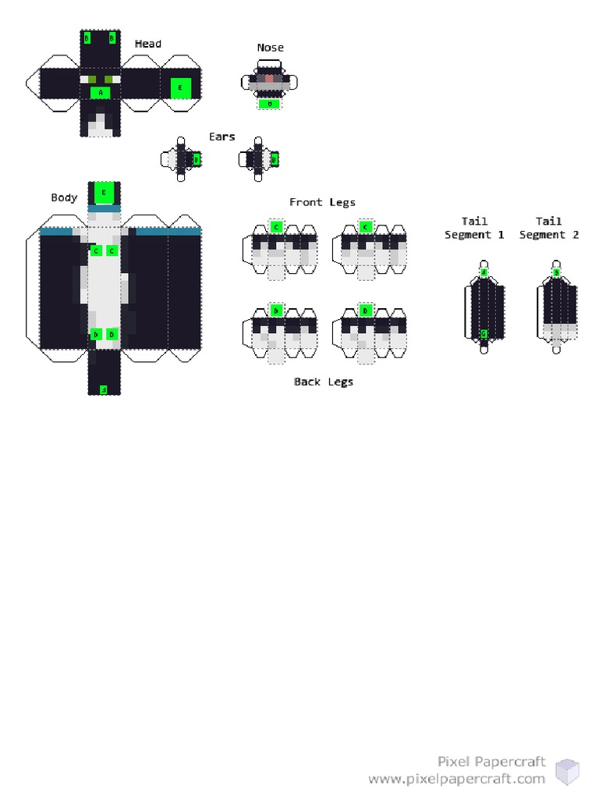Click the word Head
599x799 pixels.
coord(147,44)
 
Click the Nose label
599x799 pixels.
coord(270,48)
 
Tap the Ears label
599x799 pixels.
coord(222,137)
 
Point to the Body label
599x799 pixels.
coord(64,197)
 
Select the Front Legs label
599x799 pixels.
coord(322,202)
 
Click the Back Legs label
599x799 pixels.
coord(323,382)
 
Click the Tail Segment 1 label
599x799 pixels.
coord(474,228)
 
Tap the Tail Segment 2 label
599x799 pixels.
coord(549,228)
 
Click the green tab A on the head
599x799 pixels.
coord(100,92)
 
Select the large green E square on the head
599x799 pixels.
coord(181,88)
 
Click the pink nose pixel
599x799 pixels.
coord(269,79)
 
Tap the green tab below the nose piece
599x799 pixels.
coord(269,103)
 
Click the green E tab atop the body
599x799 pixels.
coord(104,192)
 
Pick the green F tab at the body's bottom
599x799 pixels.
coord(103,389)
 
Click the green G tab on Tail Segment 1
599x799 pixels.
coord(484,334)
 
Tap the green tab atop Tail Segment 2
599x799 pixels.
coord(556,272)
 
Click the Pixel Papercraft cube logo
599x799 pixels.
coord(567,771)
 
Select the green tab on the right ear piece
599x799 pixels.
coord(274,159)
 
